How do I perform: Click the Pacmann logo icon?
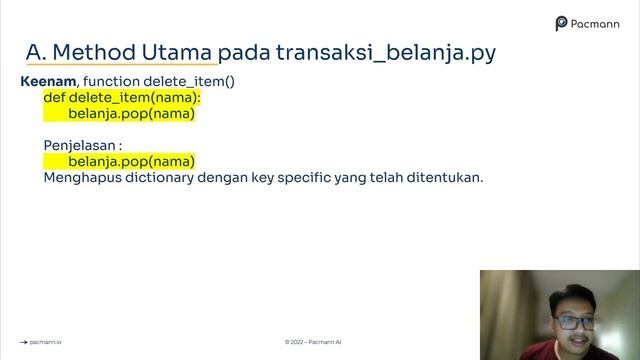(562, 22)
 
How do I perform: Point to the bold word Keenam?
(48, 81)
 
